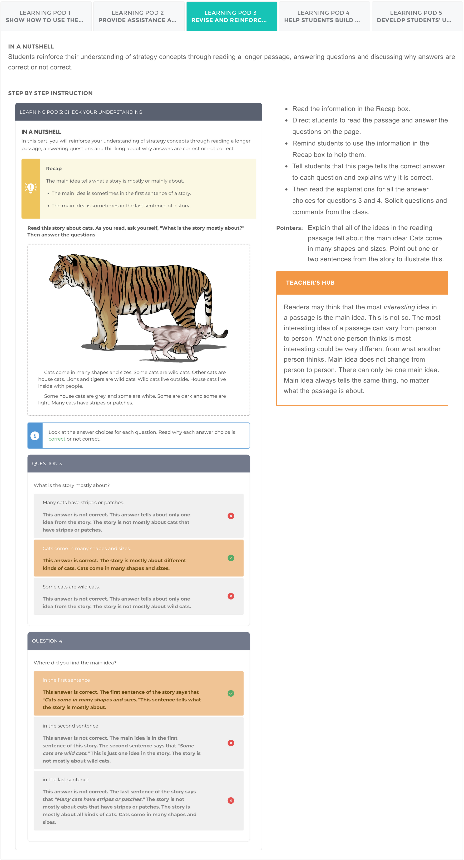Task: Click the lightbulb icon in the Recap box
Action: (31, 188)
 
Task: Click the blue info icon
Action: (35, 436)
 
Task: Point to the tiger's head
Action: (64, 270)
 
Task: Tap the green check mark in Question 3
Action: (231, 558)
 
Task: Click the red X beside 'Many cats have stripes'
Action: (231, 516)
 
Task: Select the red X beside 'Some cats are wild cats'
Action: (231, 596)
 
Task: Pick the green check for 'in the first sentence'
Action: (231, 693)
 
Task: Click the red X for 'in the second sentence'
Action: (231, 743)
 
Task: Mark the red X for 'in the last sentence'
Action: (231, 800)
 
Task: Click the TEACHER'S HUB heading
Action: (310, 282)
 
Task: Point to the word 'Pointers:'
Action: (289, 228)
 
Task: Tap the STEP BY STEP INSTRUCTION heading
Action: (50, 93)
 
